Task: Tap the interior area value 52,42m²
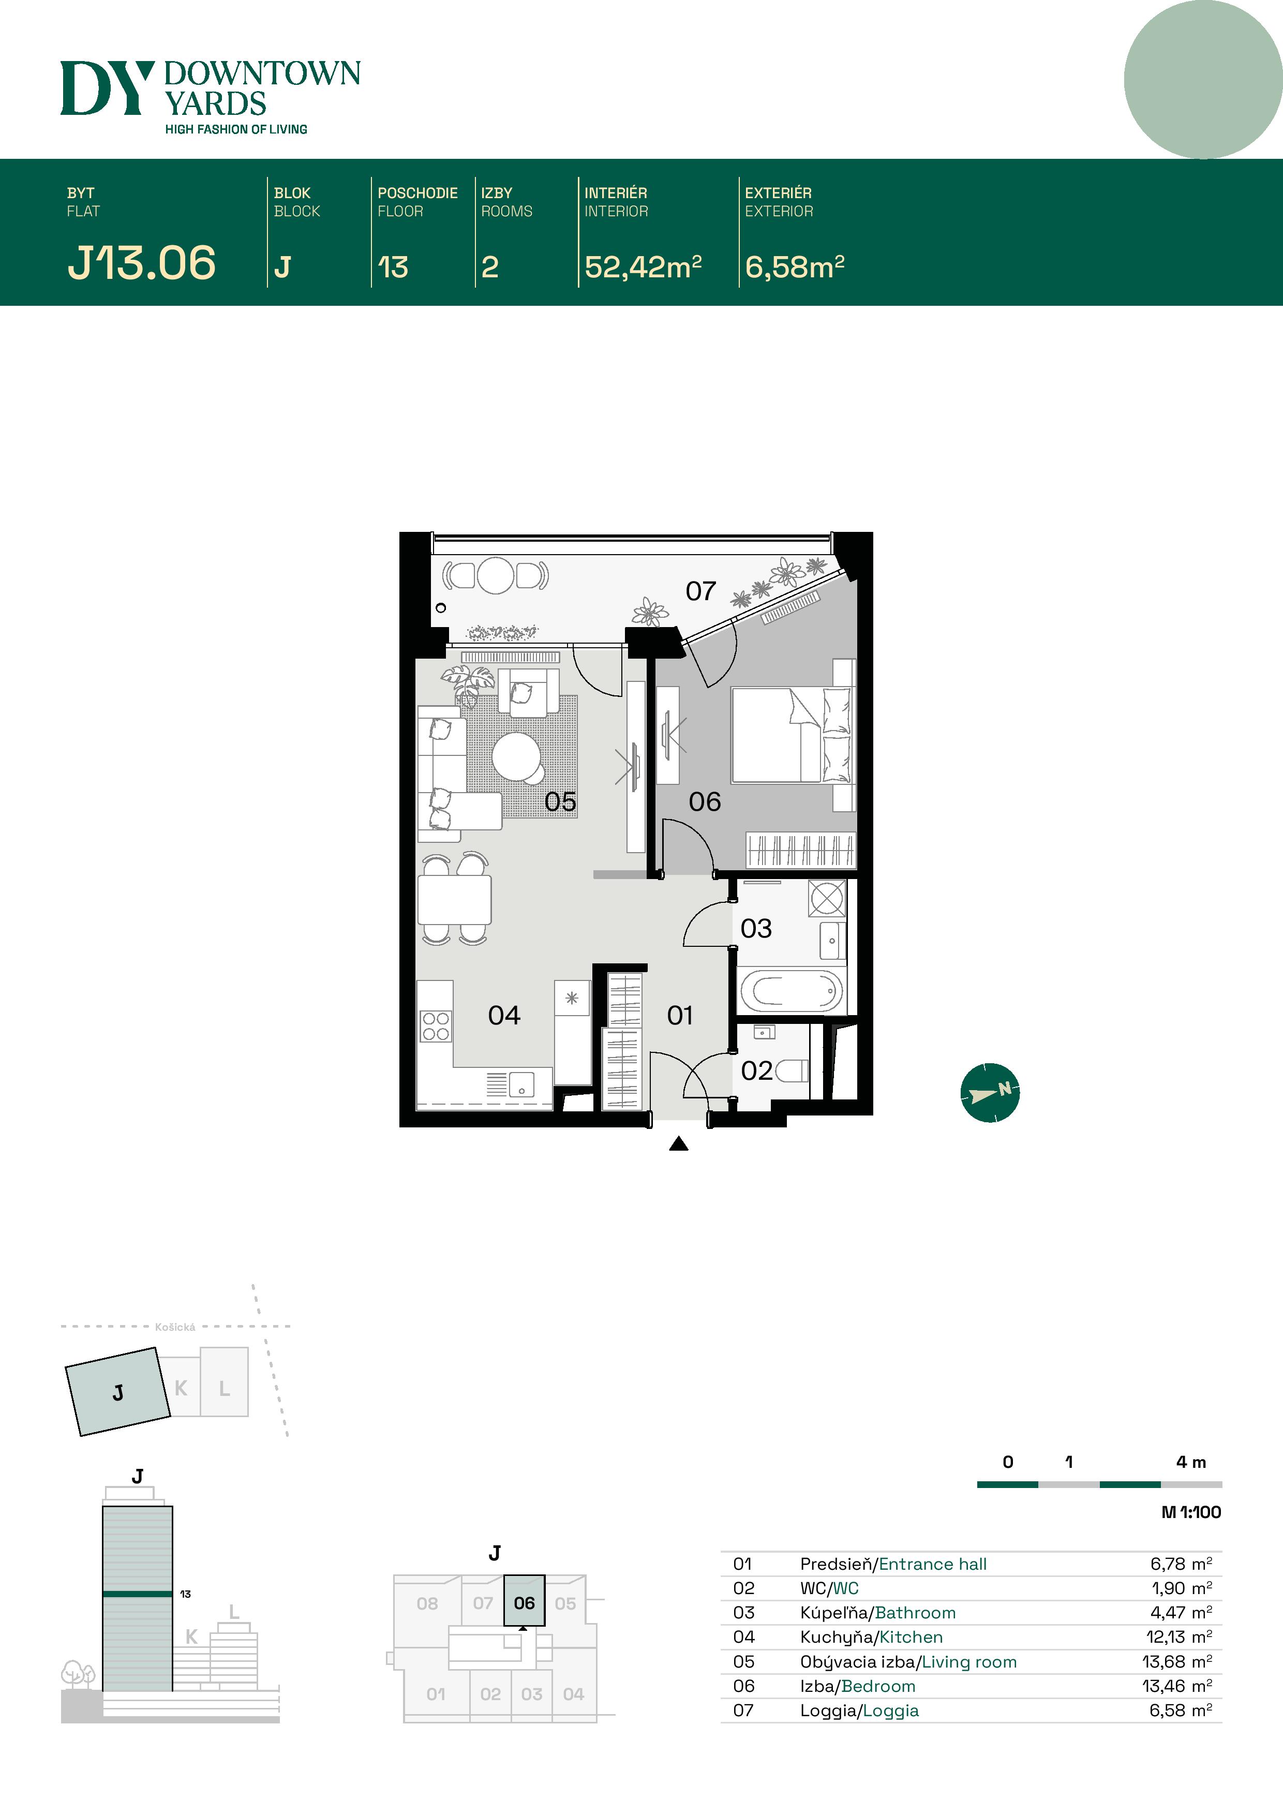643,267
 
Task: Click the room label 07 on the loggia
700,590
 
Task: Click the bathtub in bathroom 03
790,990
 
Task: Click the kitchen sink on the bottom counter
521,1084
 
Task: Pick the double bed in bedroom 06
790,735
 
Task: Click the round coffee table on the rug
517,756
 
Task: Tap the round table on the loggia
496,575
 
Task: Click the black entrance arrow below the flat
678,1144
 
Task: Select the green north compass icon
990,1093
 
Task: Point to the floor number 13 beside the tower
185,1594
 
